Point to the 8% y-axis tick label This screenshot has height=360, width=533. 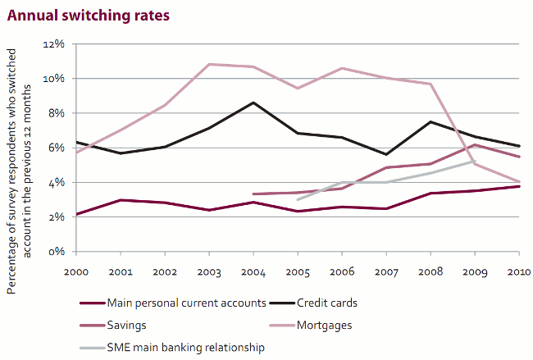pyautogui.click(x=55, y=113)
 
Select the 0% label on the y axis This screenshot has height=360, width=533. pyautogui.click(x=55, y=252)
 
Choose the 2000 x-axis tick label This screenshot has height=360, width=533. pyautogui.click(x=76, y=271)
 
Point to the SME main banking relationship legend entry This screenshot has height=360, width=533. pyautogui.click(x=186, y=348)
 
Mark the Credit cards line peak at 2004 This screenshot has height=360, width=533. pyautogui.click(x=254, y=103)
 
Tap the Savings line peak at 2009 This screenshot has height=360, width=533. pyautogui.click(x=474, y=145)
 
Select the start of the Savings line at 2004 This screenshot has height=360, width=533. pyautogui.click(x=254, y=194)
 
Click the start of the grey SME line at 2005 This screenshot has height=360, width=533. pyautogui.click(x=298, y=199)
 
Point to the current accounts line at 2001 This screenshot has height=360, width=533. pyautogui.click(x=121, y=200)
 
